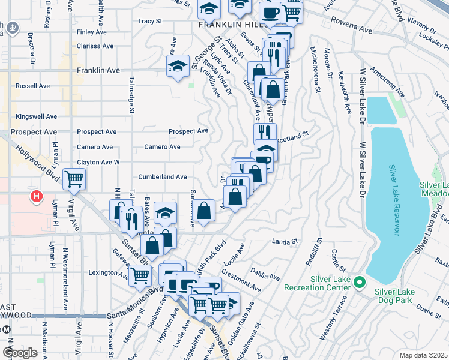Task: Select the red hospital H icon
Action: [x=37, y=196]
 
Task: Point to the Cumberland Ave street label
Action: [x=163, y=177]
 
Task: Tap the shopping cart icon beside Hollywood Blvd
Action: [x=74, y=178]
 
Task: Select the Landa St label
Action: [x=285, y=242]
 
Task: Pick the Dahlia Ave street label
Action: [x=266, y=274]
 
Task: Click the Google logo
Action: [x=20, y=352]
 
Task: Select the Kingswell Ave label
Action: [x=37, y=116]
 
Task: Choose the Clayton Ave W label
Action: [x=98, y=163]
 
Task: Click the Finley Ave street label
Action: [x=91, y=32]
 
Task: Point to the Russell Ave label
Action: [x=33, y=86]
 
